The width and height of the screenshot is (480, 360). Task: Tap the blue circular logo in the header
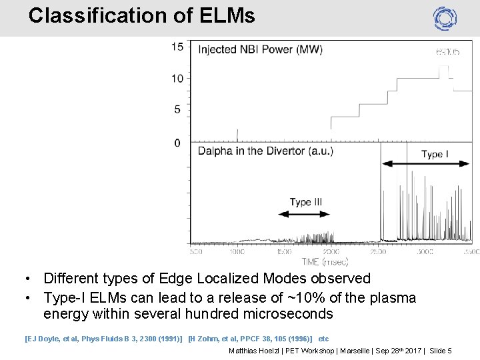tap(445, 18)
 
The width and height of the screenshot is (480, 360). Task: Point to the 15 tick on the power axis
tap(177, 47)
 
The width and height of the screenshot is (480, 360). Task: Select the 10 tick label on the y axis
tap(177, 79)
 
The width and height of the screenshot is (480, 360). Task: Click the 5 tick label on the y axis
tap(177, 109)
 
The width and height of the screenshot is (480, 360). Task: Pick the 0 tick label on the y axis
tap(177, 143)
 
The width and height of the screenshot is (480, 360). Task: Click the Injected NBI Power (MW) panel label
tap(260, 50)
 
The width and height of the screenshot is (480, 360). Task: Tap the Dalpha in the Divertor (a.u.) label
tap(265, 151)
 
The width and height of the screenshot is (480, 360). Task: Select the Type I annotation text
tap(435, 155)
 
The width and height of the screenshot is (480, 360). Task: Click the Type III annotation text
tap(305, 202)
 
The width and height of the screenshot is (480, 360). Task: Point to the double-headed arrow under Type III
tap(303, 215)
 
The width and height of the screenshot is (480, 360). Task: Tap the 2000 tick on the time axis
tap(331, 252)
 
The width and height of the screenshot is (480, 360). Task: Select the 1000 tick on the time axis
tap(237, 252)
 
